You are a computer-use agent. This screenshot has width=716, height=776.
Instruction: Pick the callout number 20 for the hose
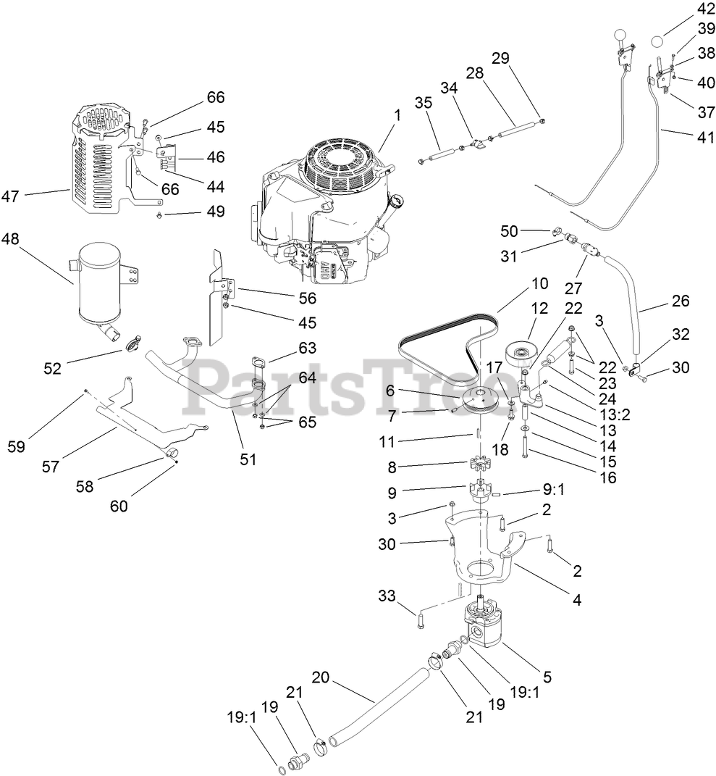pos(321,677)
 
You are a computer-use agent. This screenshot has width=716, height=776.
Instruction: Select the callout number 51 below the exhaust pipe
pos(248,459)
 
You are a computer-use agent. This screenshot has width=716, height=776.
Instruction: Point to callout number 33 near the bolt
pos(387,596)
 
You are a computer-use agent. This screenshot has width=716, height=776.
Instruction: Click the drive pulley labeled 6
pos(481,401)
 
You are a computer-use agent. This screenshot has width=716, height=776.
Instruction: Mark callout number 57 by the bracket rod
pos(50,467)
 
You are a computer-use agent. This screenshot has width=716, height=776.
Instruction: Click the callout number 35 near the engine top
pos(424,103)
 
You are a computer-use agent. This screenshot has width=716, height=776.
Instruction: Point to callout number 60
pos(119,506)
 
